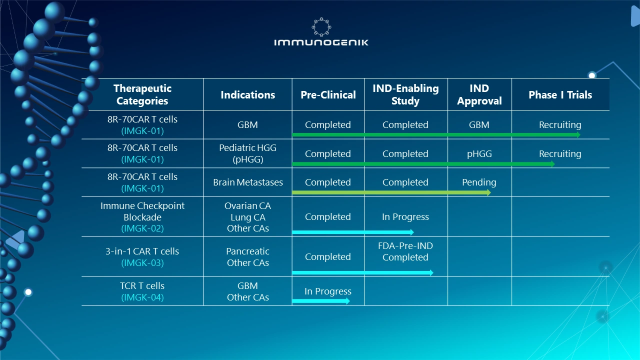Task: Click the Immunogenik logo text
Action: click(321, 42)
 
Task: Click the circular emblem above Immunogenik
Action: click(321, 26)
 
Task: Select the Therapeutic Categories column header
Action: click(142, 94)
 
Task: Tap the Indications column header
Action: click(247, 95)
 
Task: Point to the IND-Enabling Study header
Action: click(405, 94)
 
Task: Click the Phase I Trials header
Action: click(560, 95)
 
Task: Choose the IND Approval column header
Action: click(479, 94)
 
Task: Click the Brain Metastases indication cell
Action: click(247, 182)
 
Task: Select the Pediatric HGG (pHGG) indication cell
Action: click(247, 153)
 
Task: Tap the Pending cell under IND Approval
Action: click(479, 182)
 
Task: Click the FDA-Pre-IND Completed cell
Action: click(405, 251)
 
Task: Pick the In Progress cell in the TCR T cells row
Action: click(328, 291)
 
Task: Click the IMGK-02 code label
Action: click(142, 228)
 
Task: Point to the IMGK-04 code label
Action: click(142, 297)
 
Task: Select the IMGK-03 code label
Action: click(142, 263)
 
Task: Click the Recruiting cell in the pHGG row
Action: click(560, 153)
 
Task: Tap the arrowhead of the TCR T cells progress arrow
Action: click(347, 301)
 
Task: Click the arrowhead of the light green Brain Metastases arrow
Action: click(488, 192)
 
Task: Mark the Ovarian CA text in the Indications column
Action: click(247, 206)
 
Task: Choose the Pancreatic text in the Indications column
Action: click(247, 251)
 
